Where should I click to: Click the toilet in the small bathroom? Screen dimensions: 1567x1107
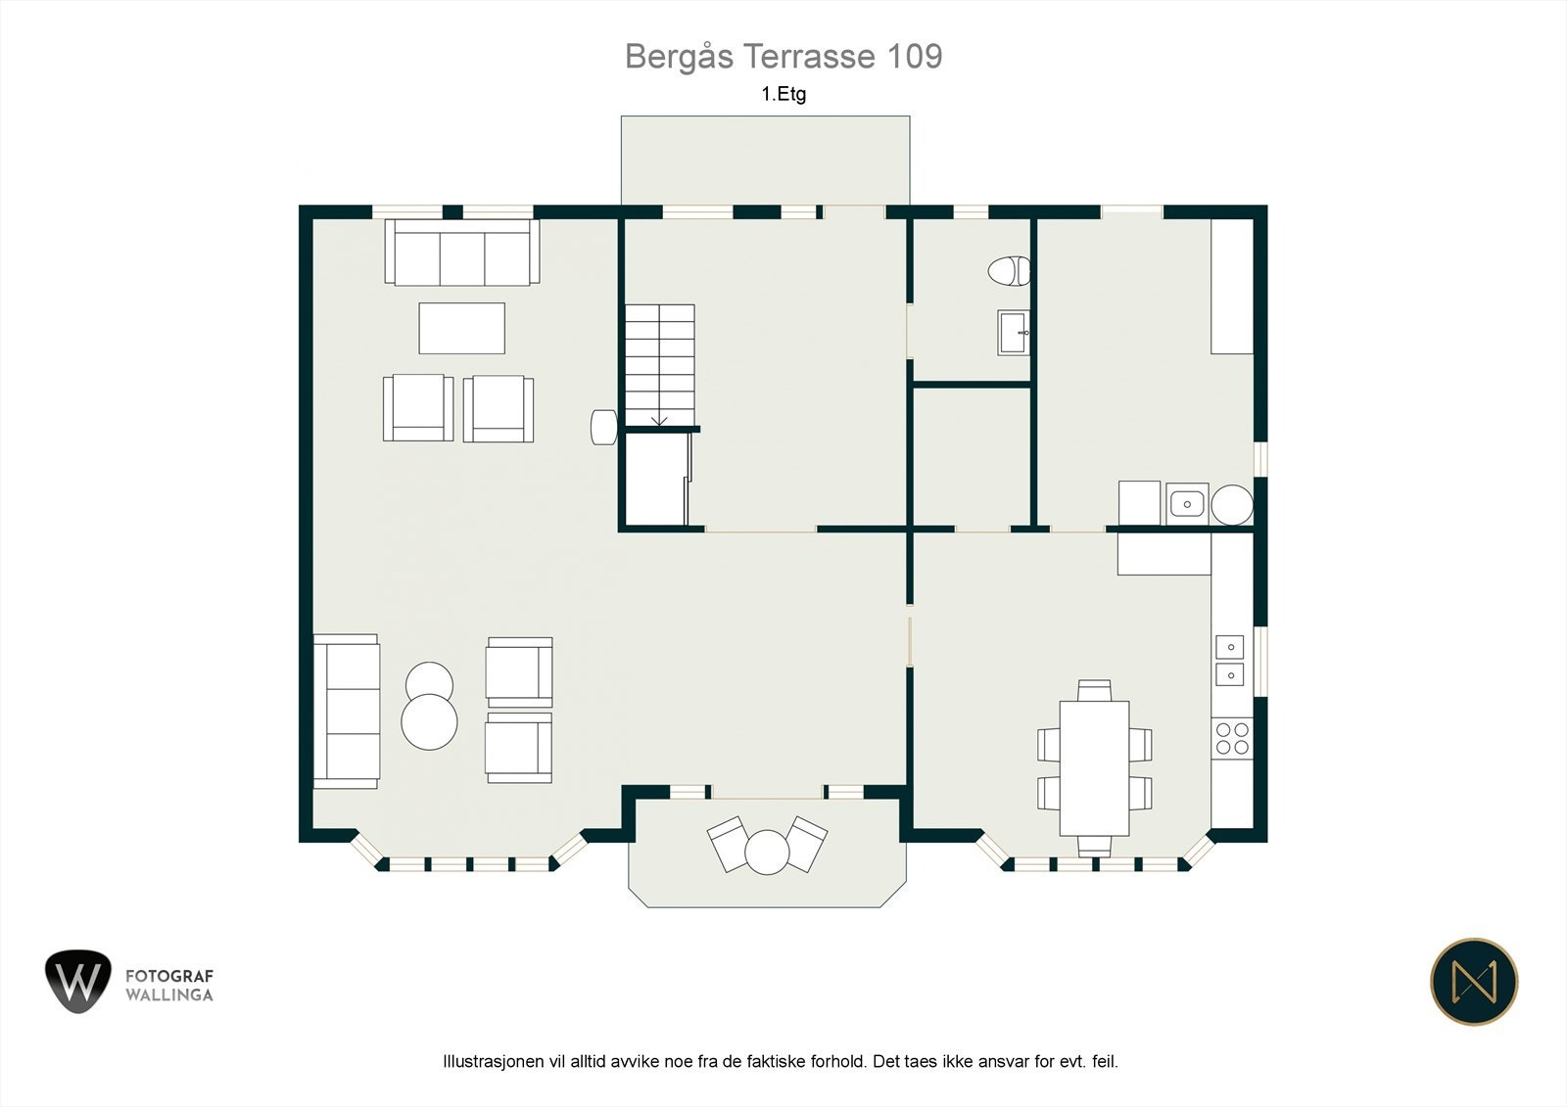tap(1009, 270)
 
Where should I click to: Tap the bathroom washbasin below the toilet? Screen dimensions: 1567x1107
tap(1014, 333)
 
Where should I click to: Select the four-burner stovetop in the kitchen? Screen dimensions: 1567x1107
tap(1232, 738)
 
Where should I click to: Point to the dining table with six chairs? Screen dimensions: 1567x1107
tap(1094, 768)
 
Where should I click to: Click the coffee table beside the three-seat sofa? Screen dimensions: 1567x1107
tap(461, 328)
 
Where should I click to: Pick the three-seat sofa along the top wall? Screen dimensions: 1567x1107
tap(461, 253)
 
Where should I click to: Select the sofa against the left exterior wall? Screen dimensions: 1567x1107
tap(347, 712)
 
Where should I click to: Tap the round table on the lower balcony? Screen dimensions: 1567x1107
tap(767, 852)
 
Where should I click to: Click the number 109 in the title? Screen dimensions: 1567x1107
tap(915, 56)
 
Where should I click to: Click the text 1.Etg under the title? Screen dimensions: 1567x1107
tap(783, 94)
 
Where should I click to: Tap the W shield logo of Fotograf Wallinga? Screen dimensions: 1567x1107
tap(77, 981)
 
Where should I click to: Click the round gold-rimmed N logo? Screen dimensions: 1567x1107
tap(1474, 981)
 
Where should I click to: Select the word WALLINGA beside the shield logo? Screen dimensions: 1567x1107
tap(169, 994)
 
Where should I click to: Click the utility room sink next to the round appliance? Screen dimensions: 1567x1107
tap(1186, 503)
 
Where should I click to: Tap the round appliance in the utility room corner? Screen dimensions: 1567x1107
tap(1232, 505)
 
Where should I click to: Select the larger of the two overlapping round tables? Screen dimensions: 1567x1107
tap(429, 721)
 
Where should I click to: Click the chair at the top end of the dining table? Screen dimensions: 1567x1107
tap(1094, 690)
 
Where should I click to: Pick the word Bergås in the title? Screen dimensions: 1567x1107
tap(680, 58)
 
